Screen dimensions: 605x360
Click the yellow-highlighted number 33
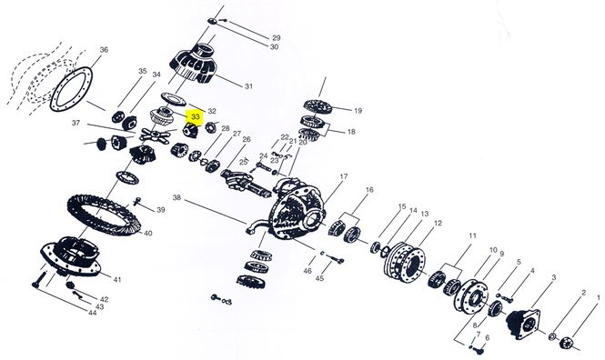point(196,116)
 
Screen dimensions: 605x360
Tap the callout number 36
point(104,50)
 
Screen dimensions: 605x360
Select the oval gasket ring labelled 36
point(71,89)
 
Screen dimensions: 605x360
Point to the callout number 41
point(117,279)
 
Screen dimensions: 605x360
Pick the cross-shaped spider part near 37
point(155,135)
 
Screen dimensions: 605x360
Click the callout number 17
point(343,176)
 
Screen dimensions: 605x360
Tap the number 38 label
point(176,198)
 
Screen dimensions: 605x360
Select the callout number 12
point(438,223)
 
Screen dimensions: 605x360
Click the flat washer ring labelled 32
point(174,99)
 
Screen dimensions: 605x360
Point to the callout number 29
point(277,38)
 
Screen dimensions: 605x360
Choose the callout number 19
point(358,111)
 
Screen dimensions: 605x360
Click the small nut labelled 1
point(567,342)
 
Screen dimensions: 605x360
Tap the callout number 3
point(554,277)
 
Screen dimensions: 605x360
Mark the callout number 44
point(92,313)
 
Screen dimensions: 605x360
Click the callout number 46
point(308,271)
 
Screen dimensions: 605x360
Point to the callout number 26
point(247,139)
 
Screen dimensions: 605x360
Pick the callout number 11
point(473,235)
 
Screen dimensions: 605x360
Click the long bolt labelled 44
point(39,280)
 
